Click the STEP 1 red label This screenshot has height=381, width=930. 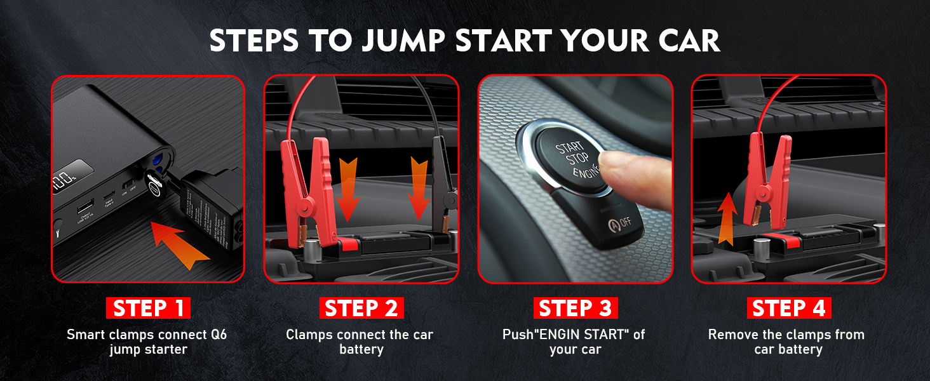pos(148,308)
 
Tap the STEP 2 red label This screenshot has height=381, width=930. pos(361,308)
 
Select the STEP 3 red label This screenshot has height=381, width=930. pos(575,308)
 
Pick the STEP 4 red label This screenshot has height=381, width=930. pos(788,308)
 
